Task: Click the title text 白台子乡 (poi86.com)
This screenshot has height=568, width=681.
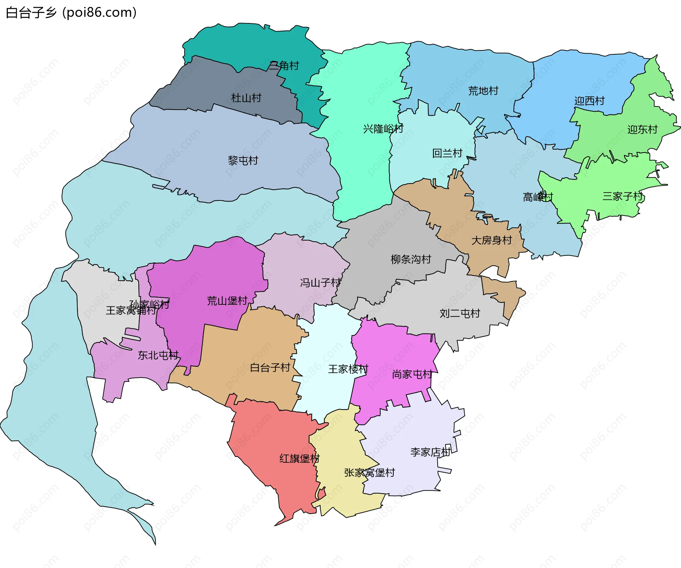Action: [x=71, y=12]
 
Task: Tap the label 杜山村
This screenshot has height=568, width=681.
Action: [x=246, y=98]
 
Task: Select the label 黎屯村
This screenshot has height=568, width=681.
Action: [x=243, y=161]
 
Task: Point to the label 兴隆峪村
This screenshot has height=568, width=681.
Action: [x=383, y=128]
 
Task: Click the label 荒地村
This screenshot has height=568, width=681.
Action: [x=483, y=91]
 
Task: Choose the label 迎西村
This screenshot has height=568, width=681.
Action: [x=589, y=101]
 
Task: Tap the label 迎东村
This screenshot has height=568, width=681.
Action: [x=642, y=129]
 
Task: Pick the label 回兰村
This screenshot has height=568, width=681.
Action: [x=447, y=153]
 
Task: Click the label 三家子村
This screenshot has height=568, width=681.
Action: [x=622, y=196]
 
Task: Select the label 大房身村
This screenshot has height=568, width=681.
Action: [x=491, y=241]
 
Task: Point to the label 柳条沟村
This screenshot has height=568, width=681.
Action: [x=411, y=259]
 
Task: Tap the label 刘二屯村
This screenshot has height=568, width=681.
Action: [x=460, y=313]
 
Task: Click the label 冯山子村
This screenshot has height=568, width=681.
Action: [x=320, y=283]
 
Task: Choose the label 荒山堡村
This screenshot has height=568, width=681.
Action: [x=227, y=301]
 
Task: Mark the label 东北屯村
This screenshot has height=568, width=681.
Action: [x=158, y=355]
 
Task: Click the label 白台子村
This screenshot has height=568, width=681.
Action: [x=270, y=368]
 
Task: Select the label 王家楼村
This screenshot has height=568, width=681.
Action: [x=348, y=369]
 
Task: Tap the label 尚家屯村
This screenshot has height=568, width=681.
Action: [x=412, y=375]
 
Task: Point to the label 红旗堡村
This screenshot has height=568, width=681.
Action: [x=299, y=458]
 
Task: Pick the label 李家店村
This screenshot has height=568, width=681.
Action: [x=430, y=452]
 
